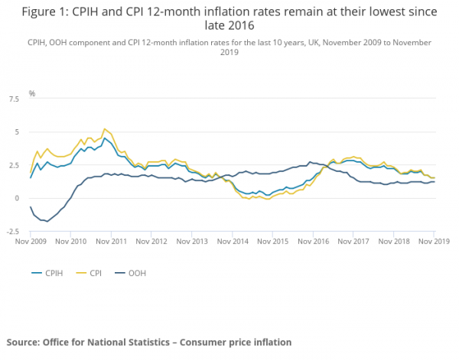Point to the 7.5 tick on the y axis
pos(14,99)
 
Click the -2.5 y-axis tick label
pos(12,232)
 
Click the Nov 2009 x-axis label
pos(31,242)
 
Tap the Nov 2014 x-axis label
pos(233,242)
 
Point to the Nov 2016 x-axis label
pos(314,242)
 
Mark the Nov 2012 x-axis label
pos(152,242)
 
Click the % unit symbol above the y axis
pos(32,93)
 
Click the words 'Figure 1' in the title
pos(41,14)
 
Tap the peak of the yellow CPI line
pos(105,129)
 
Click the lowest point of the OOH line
pos(47,222)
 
